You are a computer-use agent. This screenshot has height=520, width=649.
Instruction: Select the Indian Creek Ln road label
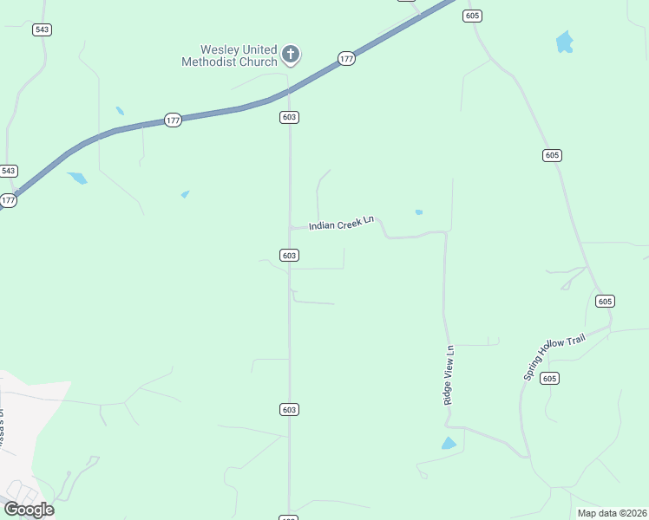[x=341, y=223]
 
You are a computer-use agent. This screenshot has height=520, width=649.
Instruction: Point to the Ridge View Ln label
[x=449, y=375]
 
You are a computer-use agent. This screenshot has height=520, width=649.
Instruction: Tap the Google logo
[x=29, y=509]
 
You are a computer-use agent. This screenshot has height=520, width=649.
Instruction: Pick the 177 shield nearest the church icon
[x=346, y=59]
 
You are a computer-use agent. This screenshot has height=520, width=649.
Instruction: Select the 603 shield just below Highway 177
[x=290, y=117]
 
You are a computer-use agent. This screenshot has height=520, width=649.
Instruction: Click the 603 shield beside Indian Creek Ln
[x=290, y=255]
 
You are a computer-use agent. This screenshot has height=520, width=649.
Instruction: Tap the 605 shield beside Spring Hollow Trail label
[x=548, y=378]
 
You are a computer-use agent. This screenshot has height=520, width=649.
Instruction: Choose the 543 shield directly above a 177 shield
[x=9, y=171]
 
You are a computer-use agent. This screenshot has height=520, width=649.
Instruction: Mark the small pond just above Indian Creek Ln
[x=419, y=212]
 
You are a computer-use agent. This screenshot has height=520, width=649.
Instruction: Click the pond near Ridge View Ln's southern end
[x=449, y=444]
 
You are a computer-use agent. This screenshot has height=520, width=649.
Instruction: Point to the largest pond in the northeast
[x=565, y=42]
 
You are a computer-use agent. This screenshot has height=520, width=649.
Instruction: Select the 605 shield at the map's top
[x=472, y=16]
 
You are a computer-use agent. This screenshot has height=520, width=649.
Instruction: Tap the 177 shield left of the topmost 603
[x=173, y=120]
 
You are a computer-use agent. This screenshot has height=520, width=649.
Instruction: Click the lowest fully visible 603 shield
[x=290, y=409]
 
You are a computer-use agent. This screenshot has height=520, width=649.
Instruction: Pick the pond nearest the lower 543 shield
[x=77, y=178]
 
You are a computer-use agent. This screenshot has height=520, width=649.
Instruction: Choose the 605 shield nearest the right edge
[x=605, y=301]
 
